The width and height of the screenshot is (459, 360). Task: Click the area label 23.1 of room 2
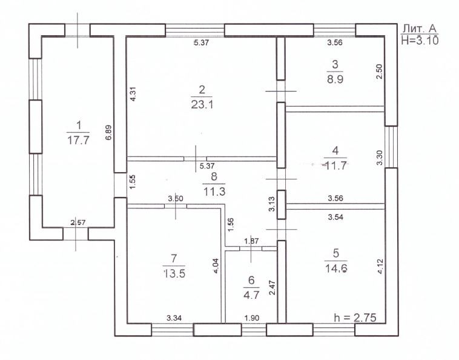(202, 105)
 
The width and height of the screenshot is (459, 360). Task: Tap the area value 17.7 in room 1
(78, 141)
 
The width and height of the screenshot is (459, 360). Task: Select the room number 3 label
(335, 64)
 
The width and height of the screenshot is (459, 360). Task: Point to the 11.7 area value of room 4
(335, 166)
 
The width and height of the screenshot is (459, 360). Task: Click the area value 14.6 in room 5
(336, 268)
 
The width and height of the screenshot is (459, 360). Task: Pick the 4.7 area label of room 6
(251, 295)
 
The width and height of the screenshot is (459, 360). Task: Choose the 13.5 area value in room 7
(174, 274)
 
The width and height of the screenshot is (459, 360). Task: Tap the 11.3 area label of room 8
(214, 192)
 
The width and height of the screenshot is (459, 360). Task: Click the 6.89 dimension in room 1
(108, 133)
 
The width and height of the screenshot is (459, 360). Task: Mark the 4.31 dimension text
(133, 95)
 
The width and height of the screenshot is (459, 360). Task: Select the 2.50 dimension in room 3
(379, 72)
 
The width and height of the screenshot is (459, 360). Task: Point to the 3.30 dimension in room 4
(380, 158)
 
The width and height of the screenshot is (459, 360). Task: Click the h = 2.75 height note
(355, 317)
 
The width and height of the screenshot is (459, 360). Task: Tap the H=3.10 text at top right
(420, 39)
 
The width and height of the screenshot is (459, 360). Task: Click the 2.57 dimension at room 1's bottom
(78, 222)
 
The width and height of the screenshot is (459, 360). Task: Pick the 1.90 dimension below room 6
(252, 318)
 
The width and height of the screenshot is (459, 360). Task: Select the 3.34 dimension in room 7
(174, 318)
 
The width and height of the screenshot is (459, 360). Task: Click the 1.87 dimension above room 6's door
(251, 241)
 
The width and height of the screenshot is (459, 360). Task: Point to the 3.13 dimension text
(272, 204)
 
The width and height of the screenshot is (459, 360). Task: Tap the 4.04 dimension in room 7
(217, 265)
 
